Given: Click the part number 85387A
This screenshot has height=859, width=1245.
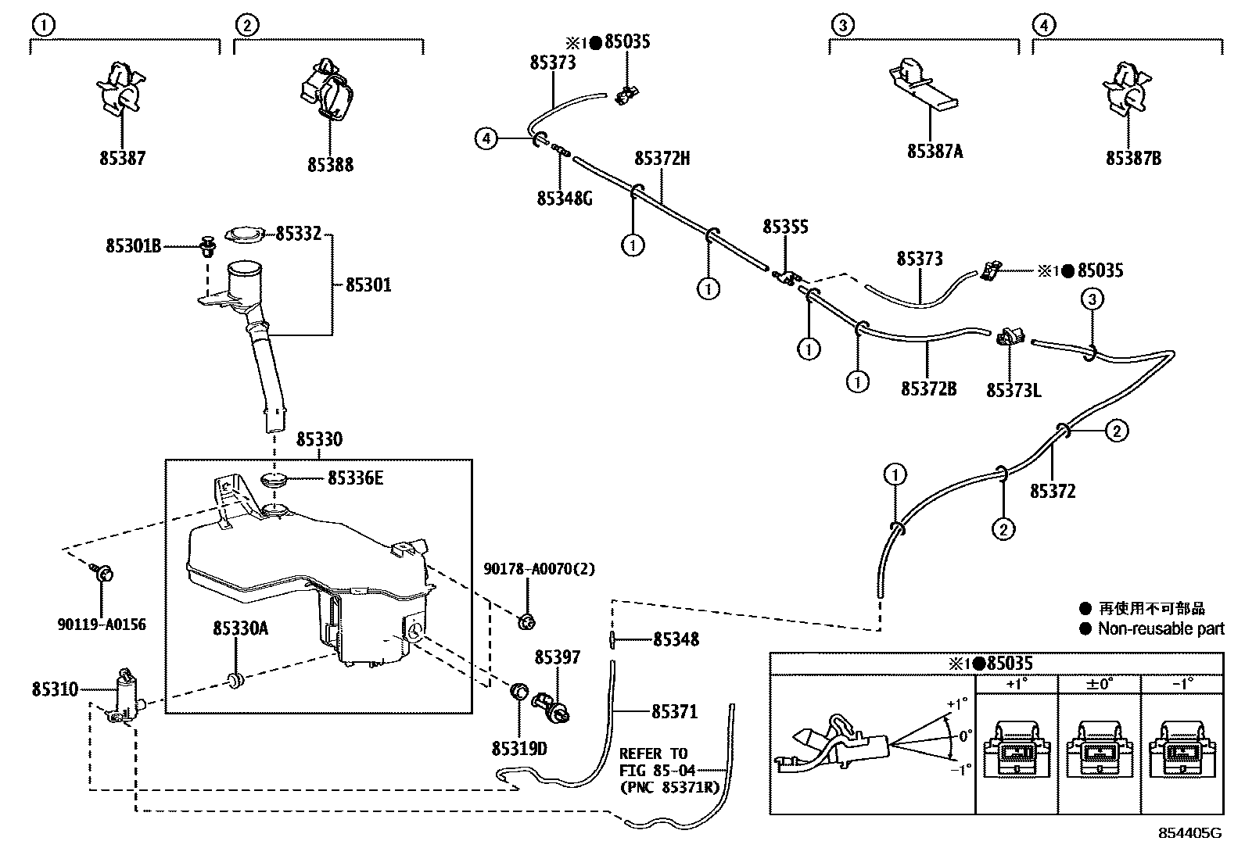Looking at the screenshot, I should coord(935,152).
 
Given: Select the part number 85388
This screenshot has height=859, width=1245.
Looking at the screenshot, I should coord(330,165).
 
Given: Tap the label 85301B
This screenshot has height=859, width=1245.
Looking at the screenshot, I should coord(134,246).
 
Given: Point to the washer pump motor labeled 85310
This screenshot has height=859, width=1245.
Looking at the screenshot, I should coord(124,694).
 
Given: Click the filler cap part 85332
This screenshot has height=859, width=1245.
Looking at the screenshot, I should coord(244,234).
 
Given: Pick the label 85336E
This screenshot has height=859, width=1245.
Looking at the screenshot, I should coord(355,478).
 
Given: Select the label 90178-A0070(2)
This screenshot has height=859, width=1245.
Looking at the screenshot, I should coord(539,570).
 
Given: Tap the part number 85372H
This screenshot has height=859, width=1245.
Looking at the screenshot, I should coord(662,159).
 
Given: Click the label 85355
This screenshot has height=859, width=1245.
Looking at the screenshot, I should coord(785,227).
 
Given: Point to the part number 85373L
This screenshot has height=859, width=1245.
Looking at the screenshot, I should coord(1014,389).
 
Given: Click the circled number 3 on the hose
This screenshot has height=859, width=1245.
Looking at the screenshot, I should coord(1093,299).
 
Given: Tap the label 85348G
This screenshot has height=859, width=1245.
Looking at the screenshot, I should coord(565,199).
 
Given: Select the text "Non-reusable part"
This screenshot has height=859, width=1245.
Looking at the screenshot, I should coord(1161,629).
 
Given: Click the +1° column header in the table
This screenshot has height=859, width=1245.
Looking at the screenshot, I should coord(1016,683).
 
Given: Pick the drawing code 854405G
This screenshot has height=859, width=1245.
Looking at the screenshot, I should coord(1189,833).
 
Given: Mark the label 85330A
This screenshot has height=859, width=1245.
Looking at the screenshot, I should coord(241,628).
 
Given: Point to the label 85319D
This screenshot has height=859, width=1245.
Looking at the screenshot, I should coord(519,749).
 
